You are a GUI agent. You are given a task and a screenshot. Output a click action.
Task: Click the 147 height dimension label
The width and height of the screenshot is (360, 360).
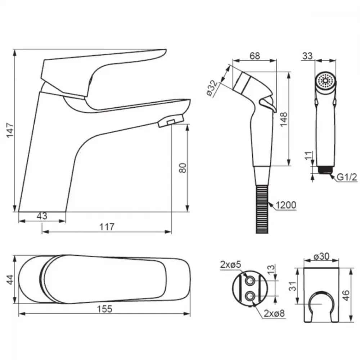click(10, 130)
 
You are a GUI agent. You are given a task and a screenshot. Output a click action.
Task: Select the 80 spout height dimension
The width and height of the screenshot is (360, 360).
click(183, 168)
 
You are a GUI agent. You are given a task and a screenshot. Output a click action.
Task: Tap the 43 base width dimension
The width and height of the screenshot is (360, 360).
click(42, 216)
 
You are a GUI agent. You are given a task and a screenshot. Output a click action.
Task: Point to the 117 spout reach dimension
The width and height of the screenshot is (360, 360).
click(107, 227)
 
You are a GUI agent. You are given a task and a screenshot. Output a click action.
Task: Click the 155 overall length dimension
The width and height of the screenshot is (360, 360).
click(105, 309)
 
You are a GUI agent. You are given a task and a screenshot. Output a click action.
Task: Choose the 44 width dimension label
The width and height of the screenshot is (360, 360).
click(10, 279)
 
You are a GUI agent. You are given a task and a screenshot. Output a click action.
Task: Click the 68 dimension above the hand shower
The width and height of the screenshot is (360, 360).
click(255, 56)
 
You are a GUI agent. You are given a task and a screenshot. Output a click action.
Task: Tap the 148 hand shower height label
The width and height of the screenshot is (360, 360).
click(284, 119)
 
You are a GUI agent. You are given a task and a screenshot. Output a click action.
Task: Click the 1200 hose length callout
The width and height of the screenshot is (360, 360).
click(286, 205)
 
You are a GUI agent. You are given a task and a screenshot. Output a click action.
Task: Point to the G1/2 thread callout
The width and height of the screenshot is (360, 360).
click(347, 177)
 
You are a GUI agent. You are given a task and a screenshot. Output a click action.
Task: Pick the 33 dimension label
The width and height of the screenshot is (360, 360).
click(307, 56)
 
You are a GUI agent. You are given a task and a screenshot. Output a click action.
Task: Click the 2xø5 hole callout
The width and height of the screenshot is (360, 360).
click(230, 265)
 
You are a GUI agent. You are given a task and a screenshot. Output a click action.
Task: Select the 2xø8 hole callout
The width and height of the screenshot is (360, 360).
click(274, 313)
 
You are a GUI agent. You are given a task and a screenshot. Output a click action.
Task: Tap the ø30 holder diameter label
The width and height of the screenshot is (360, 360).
click(321, 256)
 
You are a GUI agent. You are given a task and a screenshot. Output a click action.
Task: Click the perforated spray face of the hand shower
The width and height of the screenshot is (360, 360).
click(325, 81)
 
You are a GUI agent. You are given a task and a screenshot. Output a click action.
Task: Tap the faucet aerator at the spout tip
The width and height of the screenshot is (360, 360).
click(171, 121)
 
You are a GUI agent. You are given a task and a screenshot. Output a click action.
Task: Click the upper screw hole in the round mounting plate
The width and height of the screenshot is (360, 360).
click(250, 281)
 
